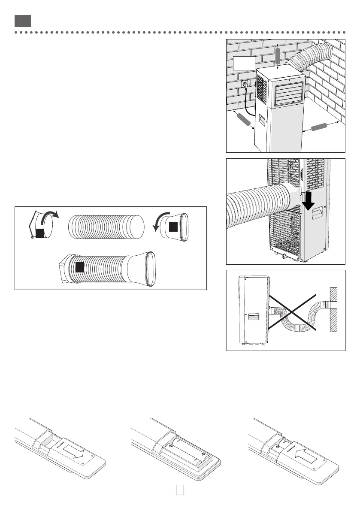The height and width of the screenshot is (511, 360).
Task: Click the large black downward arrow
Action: tap(309, 202)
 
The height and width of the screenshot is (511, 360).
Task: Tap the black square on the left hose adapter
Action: tap(40, 233)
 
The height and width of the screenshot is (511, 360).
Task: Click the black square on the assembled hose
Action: tap(79, 267)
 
